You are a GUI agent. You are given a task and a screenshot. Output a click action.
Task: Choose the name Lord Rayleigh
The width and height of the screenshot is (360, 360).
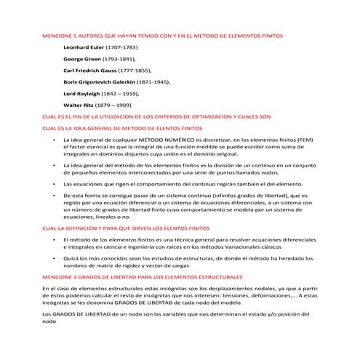[82, 93]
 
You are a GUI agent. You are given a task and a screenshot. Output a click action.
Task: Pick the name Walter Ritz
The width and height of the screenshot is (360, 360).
[79, 105]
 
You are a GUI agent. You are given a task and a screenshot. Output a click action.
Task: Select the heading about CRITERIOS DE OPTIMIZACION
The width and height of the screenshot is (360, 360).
[157, 116]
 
